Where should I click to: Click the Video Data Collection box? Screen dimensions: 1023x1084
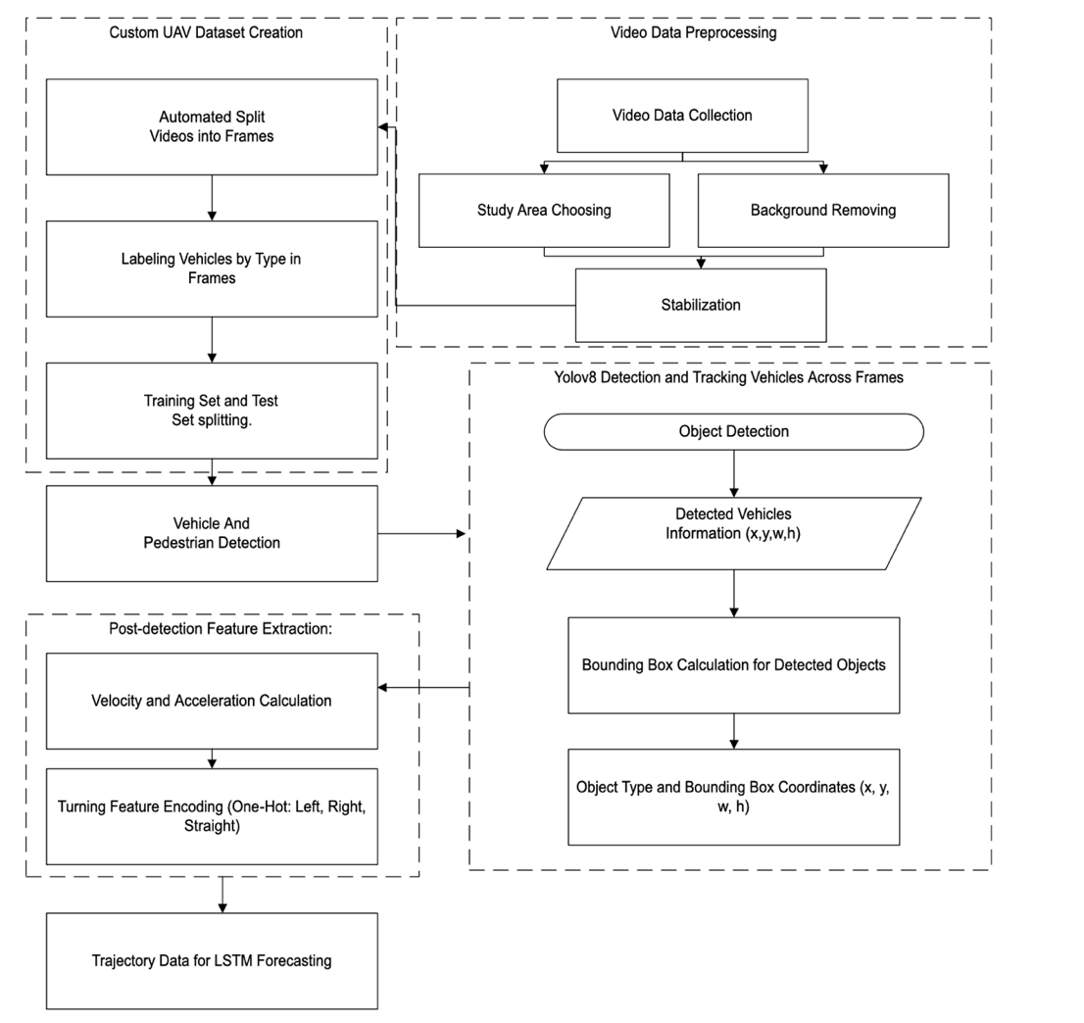pyautogui.click(x=682, y=116)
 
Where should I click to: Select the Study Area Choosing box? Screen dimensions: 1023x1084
pyautogui.click(x=544, y=210)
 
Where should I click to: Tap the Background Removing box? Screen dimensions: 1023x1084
pyautogui.click(x=822, y=210)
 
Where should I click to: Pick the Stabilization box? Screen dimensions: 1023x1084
pyautogui.click(x=700, y=305)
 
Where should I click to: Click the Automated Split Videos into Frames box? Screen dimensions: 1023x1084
pyautogui.click(x=212, y=126)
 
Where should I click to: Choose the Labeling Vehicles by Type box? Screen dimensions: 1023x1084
pyautogui.click(x=212, y=268)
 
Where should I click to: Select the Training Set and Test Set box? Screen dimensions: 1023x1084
pyautogui.click(x=212, y=411)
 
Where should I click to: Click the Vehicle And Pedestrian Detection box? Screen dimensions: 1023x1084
pyautogui.click(x=212, y=533)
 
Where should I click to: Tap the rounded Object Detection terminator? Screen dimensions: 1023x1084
pyautogui.click(x=733, y=431)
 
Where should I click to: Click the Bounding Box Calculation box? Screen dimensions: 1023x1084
pyautogui.click(x=733, y=665)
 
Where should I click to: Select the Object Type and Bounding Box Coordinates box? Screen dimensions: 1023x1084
pyautogui.click(x=733, y=797)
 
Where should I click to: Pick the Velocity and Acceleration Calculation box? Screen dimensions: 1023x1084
pyautogui.click(x=212, y=701)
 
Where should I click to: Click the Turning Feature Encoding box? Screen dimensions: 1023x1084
pyautogui.click(x=212, y=816)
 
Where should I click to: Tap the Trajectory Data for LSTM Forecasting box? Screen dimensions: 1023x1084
pyautogui.click(x=212, y=961)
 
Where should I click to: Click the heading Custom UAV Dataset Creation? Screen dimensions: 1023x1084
pyautogui.click(x=206, y=32)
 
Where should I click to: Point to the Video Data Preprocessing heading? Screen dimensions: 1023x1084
pyautogui.click(x=693, y=32)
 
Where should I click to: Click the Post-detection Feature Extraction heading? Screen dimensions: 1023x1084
pyautogui.click(x=222, y=628)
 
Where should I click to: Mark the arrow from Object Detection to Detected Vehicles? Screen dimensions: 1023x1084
pyautogui.click(x=733, y=473)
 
